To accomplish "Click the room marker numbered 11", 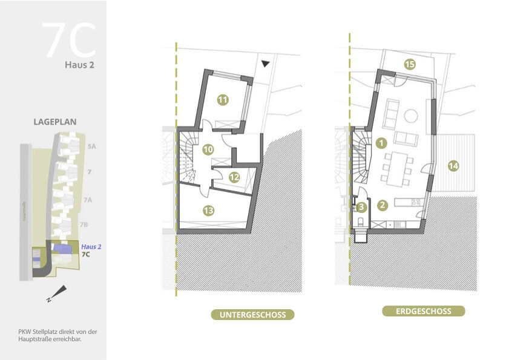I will point(222,100).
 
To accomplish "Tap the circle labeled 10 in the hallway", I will point(208,149).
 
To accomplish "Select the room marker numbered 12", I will point(234,178).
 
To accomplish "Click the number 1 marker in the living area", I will point(381,143).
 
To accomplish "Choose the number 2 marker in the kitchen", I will point(383,205).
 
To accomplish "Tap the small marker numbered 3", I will point(361,207).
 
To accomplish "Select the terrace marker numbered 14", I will point(453,165).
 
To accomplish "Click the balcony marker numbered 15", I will point(410,64).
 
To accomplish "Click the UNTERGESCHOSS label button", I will point(252,315).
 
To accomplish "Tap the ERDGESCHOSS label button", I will point(424,311).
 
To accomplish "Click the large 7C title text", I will point(70,41).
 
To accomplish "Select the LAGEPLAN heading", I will point(54,122).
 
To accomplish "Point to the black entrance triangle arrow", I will point(265,63).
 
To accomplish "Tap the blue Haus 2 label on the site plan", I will point(91,247).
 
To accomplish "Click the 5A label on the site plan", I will point(91,146).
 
